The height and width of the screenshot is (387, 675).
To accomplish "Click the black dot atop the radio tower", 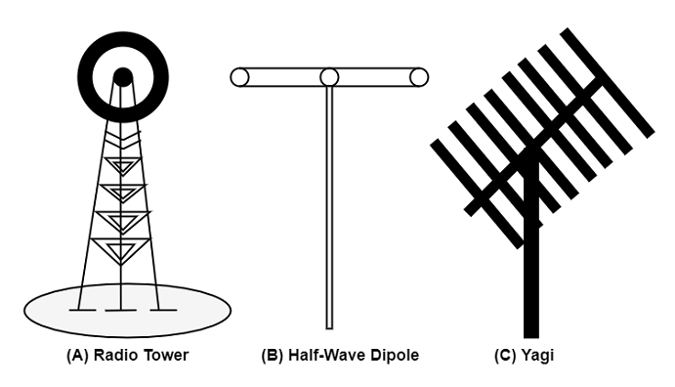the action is click(x=123, y=76).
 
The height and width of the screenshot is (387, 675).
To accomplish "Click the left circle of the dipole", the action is click(x=239, y=77).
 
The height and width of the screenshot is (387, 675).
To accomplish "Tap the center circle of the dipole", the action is click(x=329, y=77).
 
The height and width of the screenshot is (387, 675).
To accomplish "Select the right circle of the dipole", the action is click(x=419, y=77).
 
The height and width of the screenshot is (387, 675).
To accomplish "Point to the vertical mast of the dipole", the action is click(x=329, y=208).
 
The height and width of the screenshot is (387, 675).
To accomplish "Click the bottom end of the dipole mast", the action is click(x=329, y=329).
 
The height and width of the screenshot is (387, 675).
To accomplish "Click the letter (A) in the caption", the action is click(x=77, y=356).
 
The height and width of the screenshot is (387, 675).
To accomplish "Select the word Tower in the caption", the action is click(x=166, y=356).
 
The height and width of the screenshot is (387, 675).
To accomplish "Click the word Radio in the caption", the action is click(x=116, y=356).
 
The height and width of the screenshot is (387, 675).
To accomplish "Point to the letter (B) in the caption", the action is click(x=273, y=356).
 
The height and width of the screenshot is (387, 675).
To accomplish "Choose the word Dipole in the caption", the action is click(x=395, y=356).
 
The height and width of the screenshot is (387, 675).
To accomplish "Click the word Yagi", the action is click(x=537, y=356).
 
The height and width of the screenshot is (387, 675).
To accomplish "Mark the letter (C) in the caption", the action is click(x=505, y=356).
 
